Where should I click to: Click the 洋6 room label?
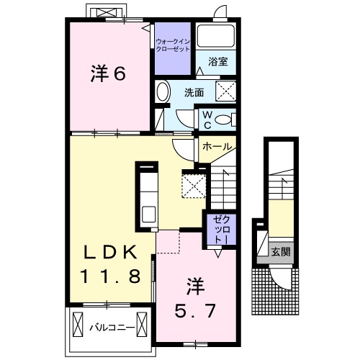109,73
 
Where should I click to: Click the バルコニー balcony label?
112,327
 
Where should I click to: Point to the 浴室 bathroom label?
219,62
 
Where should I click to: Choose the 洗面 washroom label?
193,92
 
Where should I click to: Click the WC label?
206,118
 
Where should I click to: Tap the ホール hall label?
216,146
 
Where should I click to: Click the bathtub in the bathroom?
216,36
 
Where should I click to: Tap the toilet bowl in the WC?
224,119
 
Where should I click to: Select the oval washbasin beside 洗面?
163,92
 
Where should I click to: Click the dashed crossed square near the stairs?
194,184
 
